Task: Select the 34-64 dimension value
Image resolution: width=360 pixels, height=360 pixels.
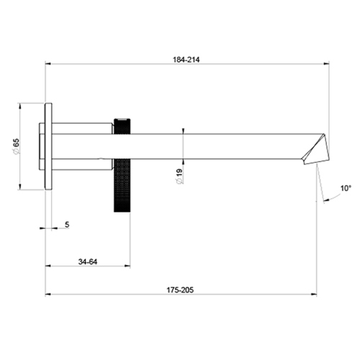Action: tap(88, 261)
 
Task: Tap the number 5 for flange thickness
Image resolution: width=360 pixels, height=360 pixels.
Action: tap(66, 225)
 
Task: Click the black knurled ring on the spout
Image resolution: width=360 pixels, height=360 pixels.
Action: tap(122, 163)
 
